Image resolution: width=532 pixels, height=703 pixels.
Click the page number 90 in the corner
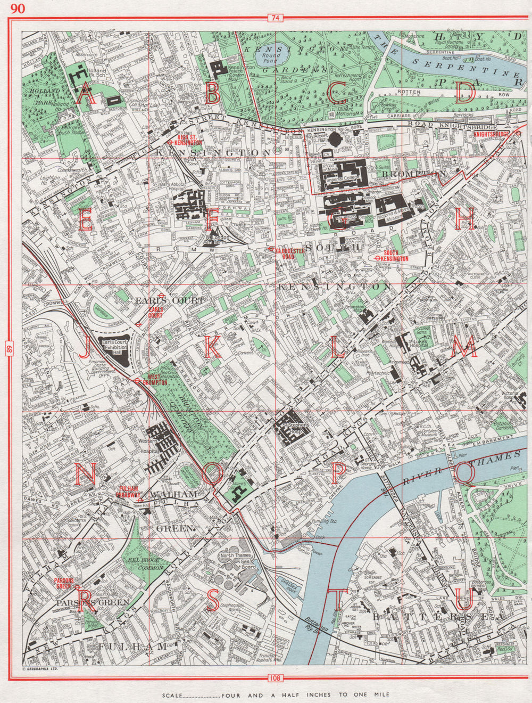point(17,7)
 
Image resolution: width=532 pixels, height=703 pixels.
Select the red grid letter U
point(464,601)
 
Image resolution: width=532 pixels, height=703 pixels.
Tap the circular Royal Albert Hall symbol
point(335,140)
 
